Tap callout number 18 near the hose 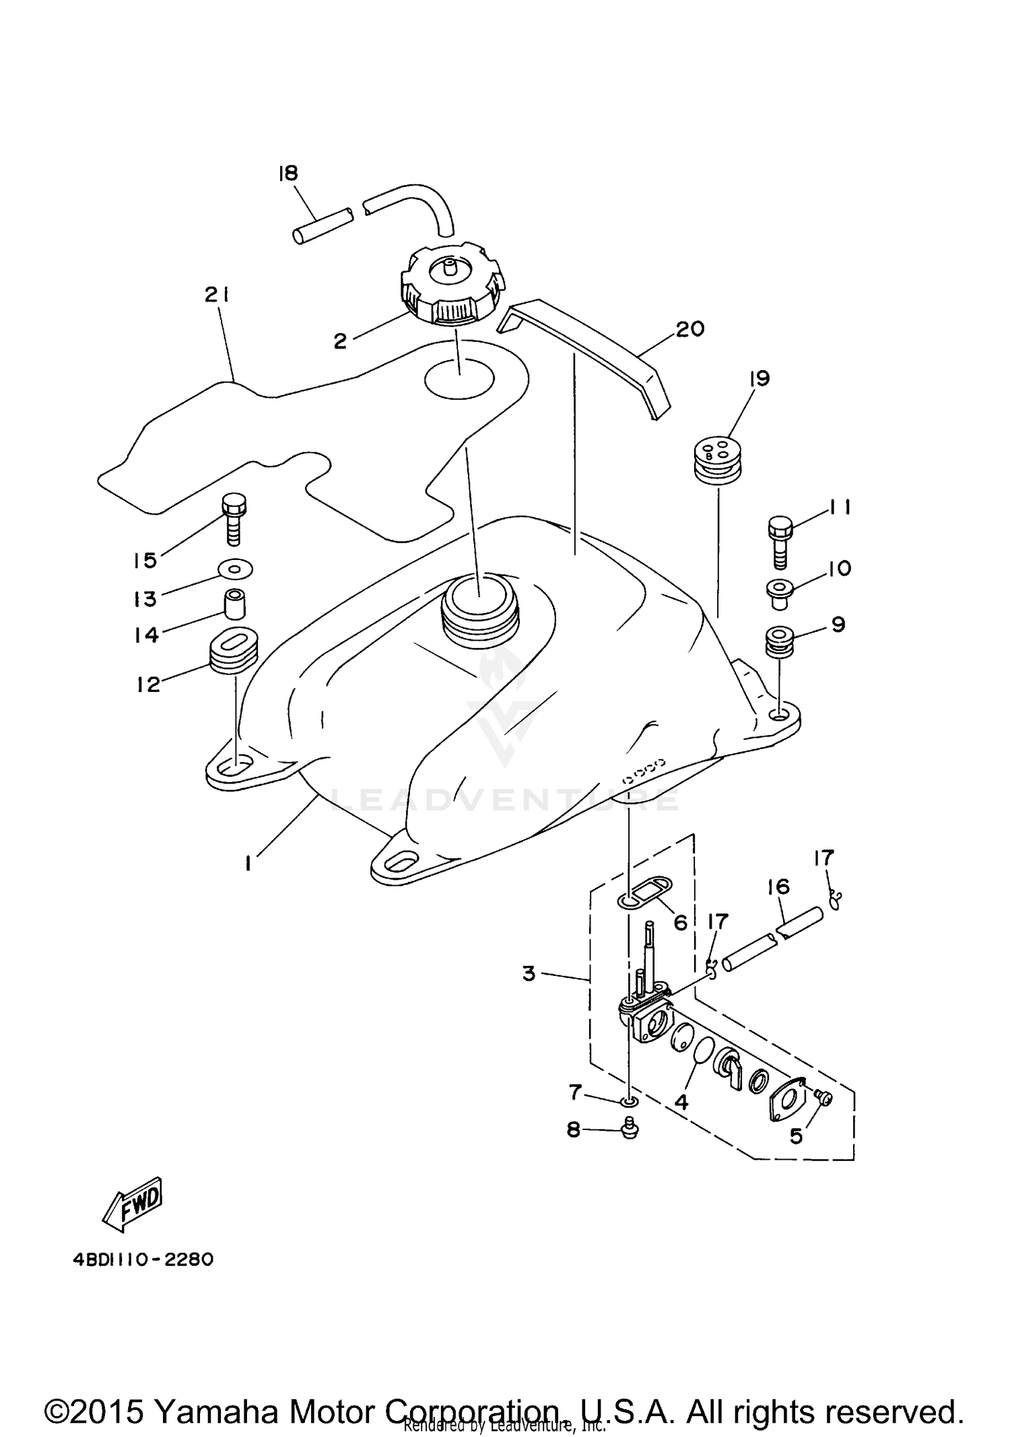(x=288, y=173)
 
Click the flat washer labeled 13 (x=235, y=569)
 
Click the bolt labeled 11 (x=780, y=542)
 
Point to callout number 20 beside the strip (x=689, y=329)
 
